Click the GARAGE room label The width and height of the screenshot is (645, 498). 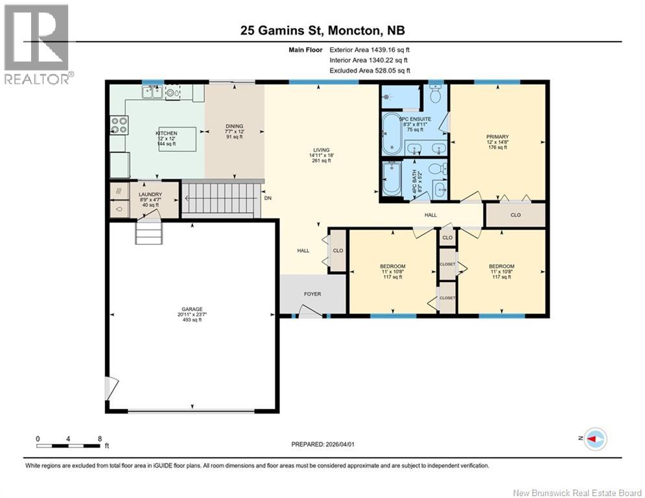[192, 309]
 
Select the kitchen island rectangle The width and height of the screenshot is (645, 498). [177, 139]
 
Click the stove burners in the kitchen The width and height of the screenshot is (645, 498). [119, 124]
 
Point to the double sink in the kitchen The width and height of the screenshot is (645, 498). [153, 93]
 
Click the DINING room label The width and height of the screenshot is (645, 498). [234, 126]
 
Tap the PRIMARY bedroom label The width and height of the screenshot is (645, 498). [498, 137]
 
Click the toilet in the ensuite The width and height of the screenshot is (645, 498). [436, 96]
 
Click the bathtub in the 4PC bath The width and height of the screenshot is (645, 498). [392, 178]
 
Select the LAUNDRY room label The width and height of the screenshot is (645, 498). [150, 195]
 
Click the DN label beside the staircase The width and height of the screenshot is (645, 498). [267, 200]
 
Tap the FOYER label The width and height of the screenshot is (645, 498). [312, 294]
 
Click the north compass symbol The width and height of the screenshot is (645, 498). [594, 439]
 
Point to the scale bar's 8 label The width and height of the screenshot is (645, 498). [99, 438]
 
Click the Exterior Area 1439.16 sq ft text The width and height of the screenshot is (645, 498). [369, 49]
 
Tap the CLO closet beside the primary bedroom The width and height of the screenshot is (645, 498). [515, 215]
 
